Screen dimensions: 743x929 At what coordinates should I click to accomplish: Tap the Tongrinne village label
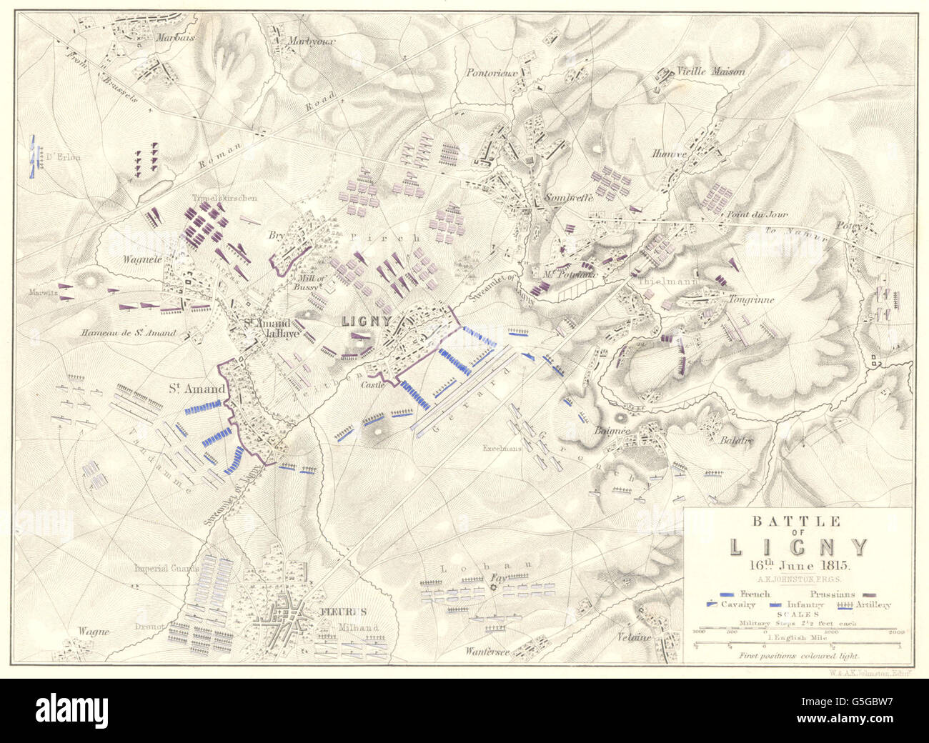tap(750, 300)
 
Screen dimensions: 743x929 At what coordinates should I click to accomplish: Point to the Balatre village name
tap(737, 440)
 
